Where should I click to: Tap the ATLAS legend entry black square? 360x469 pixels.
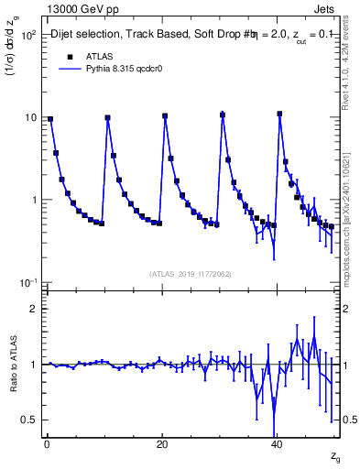[66, 55]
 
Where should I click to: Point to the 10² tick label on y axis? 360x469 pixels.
[27, 35]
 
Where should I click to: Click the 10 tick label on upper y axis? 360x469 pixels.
[30, 117]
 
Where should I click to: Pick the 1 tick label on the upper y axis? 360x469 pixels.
[33, 200]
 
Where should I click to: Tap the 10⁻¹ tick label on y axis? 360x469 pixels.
[27, 282]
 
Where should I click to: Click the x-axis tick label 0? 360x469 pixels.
[46, 444]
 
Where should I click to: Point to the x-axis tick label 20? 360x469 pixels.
[161, 444]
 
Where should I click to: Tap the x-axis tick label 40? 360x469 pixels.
[277, 444]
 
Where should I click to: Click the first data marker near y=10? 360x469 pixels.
[50, 119]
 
